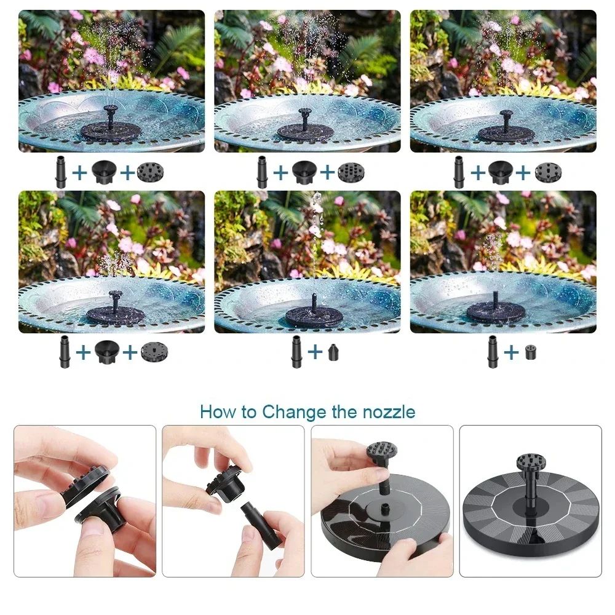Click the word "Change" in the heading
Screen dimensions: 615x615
click(295, 412)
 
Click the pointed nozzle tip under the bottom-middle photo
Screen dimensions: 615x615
click(333, 352)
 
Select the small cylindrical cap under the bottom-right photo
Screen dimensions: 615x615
click(530, 352)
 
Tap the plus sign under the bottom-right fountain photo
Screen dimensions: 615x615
click(511, 352)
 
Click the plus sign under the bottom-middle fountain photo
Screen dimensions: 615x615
click(315, 352)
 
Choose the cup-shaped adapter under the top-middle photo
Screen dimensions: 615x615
click(304, 172)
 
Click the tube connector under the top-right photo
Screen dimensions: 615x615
click(459, 172)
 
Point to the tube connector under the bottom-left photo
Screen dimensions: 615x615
click(65, 352)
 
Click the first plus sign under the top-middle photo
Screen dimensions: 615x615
click(280, 172)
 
